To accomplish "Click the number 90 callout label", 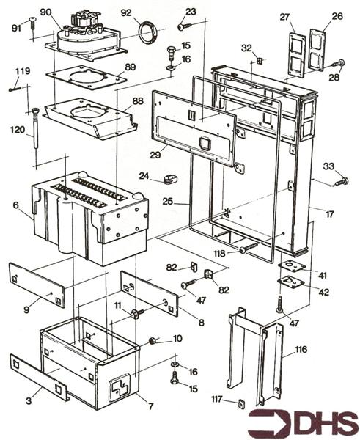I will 45,12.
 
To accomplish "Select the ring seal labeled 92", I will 150,32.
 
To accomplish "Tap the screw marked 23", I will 182,26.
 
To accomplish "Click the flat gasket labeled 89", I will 81,76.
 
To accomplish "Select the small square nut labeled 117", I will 241,403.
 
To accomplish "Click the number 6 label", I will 15,208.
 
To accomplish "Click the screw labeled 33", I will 340,180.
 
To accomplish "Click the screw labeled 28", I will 339,64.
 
